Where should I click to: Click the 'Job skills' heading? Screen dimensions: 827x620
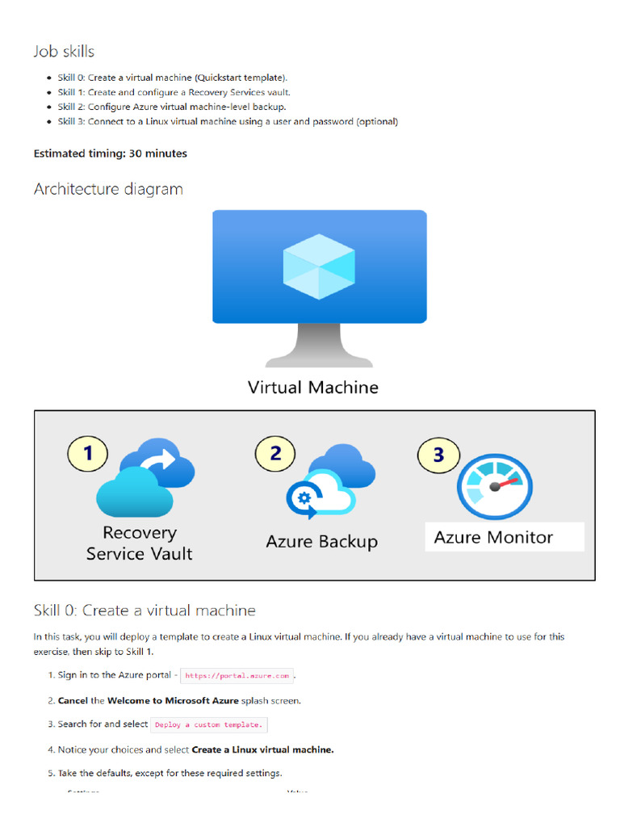click(64, 52)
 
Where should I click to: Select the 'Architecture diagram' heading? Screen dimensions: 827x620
click(108, 189)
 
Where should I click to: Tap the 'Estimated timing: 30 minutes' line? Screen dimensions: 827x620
click(110, 153)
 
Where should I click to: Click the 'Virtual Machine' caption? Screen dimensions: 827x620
click(312, 388)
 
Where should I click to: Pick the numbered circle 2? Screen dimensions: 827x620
click(275, 453)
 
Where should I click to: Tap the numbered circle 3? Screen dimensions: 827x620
click(438, 455)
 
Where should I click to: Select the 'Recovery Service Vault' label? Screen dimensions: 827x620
click(139, 544)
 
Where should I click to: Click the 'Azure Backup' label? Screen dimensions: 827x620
click(321, 542)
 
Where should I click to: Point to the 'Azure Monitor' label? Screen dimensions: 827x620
click(493, 538)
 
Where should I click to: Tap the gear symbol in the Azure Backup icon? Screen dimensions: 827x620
click(304, 497)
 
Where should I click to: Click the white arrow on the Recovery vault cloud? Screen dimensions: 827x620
click(165, 463)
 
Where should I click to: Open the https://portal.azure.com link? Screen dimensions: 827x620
click(237, 676)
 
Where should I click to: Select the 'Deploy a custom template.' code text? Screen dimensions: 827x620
click(208, 725)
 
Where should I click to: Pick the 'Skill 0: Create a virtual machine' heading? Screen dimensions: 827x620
click(145, 611)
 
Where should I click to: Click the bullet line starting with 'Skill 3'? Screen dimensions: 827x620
click(228, 122)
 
